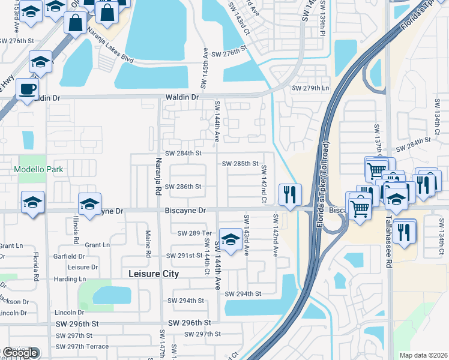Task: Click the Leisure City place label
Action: coord(154,274)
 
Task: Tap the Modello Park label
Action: coord(39,169)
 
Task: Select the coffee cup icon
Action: coord(26,89)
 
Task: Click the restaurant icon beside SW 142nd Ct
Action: coord(289,194)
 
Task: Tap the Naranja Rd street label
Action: coord(159,178)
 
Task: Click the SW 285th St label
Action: coord(240,163)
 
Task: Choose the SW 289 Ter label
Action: coord(195,233)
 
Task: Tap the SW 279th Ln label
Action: coord(310,88)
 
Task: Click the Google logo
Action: coord(20,353)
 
